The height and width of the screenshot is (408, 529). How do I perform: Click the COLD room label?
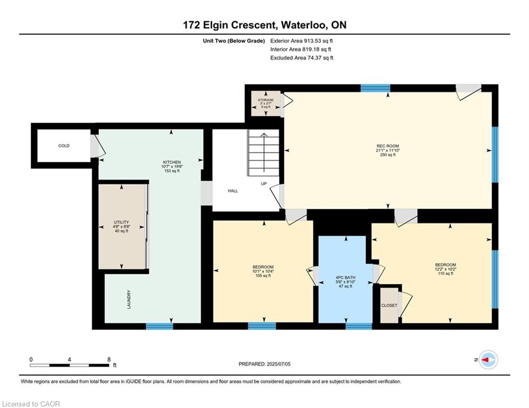64,146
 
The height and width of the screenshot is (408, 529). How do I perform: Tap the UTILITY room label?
121,222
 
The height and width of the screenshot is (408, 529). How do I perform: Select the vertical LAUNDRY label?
129,300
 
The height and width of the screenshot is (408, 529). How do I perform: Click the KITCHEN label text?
172,162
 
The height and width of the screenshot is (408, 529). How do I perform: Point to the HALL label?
233,191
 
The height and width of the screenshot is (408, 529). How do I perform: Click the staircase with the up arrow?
264,152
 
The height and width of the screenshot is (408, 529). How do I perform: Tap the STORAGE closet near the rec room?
266,104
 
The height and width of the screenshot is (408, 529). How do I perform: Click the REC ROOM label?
388,146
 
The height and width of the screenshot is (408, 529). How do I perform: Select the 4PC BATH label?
346,277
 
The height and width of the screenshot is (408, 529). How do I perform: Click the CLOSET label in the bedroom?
389,305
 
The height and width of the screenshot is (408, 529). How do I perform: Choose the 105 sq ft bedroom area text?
263,276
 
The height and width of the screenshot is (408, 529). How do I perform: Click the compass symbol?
489,360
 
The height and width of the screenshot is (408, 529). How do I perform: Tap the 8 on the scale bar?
109,360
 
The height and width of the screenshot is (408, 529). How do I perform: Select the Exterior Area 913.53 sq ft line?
301,41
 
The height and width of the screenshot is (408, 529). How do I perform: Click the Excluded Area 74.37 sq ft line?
301,58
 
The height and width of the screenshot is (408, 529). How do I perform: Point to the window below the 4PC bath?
359,326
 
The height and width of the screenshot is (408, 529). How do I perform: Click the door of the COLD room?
96,146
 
